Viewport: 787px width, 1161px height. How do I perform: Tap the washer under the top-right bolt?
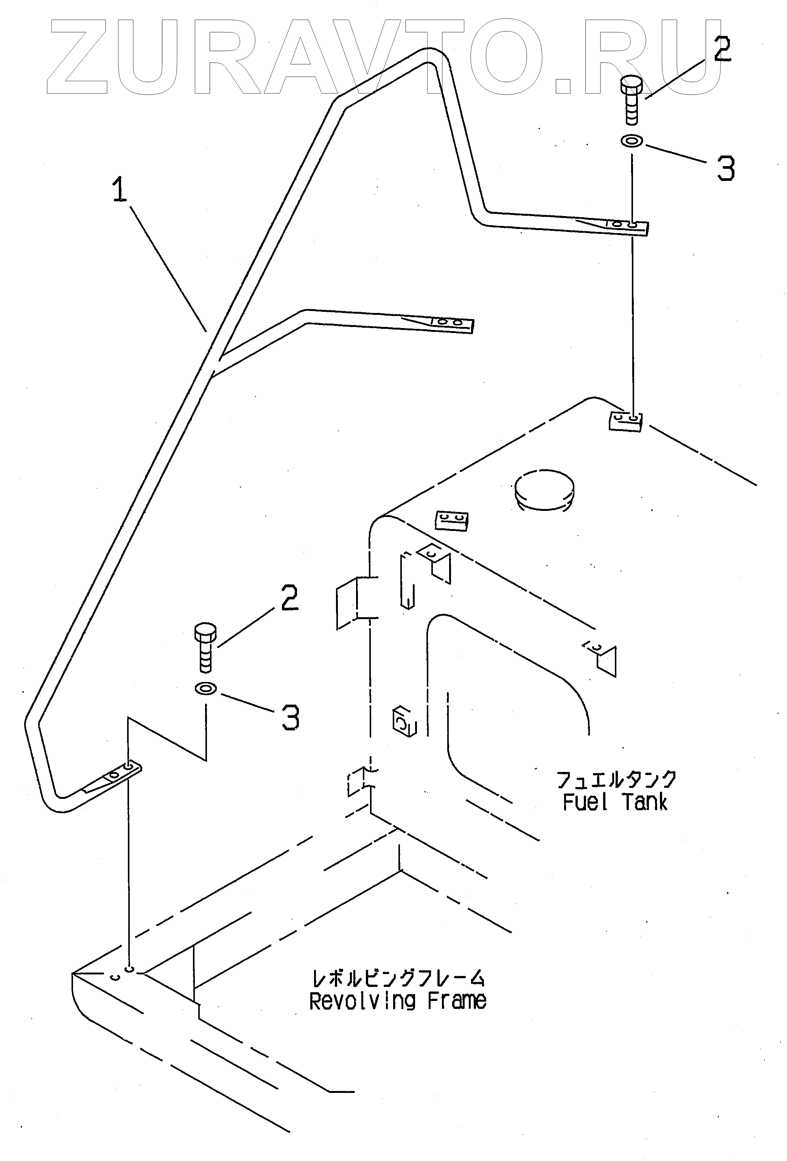(x=632, y=142)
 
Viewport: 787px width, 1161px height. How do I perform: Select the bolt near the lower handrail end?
(x=205, y=647)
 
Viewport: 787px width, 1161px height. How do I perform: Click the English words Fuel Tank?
(x=615, y=802)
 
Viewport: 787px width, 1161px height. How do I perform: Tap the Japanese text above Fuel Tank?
(x=616, y=779)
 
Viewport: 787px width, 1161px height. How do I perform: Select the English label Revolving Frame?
(x=398, y=1001)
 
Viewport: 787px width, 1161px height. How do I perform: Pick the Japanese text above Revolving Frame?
(x=398, y=978)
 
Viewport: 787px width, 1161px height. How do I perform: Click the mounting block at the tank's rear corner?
(x=625, y=421)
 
